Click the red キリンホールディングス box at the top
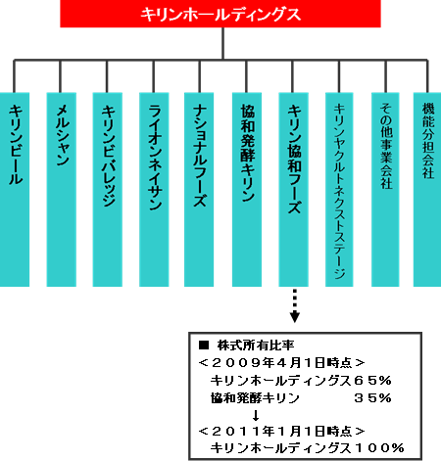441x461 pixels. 220,14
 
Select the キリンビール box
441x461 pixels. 15,190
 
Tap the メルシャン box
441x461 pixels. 62,190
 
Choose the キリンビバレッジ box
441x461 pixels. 108,190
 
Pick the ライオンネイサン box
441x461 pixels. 154,190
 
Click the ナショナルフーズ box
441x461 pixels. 199,190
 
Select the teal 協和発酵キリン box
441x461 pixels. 247,190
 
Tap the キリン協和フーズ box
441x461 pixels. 293,190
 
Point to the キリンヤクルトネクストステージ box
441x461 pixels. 339,190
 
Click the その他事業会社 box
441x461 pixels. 385,190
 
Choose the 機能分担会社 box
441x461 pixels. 427,190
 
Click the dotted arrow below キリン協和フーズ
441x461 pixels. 295,305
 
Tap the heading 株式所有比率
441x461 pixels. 256,346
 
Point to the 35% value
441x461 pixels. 372,398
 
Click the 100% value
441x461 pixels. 379,448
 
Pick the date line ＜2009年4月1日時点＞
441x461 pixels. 281,362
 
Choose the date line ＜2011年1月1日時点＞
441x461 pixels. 281,432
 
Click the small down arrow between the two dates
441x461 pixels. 256,415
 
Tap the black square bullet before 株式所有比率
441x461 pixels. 204,345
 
